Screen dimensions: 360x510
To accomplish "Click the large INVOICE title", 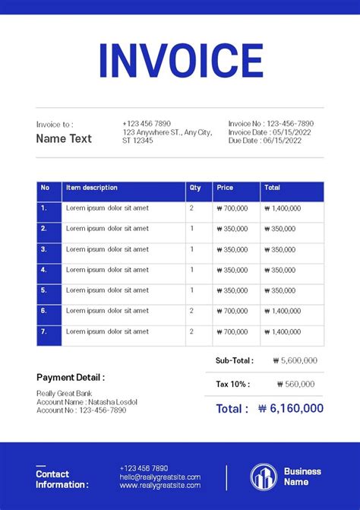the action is [180, 61].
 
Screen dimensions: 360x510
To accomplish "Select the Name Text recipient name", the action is [64, 138].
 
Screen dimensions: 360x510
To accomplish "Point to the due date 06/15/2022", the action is [287, 141].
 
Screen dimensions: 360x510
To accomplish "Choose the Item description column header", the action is [92, 188].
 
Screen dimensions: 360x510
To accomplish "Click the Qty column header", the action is [195, 188].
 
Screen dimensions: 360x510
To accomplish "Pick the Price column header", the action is [225, 188].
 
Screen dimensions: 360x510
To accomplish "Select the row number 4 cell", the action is [44, 270].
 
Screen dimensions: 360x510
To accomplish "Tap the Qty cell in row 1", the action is [191, 208].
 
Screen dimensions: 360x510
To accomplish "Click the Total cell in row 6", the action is [283, 311].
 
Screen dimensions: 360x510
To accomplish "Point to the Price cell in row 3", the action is [232, 249].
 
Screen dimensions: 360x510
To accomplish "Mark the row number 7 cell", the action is [44, 332].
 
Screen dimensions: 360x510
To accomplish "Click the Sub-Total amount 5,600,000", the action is [298, 361].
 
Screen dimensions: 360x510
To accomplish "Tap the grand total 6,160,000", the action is [290, 409].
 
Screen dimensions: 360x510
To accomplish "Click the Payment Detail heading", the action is [71, 377].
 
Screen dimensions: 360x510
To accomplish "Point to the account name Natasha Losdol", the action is [112, 401].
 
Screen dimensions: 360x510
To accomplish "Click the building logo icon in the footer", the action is [264, 477].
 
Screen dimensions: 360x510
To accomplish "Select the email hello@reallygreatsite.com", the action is [159, 477].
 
